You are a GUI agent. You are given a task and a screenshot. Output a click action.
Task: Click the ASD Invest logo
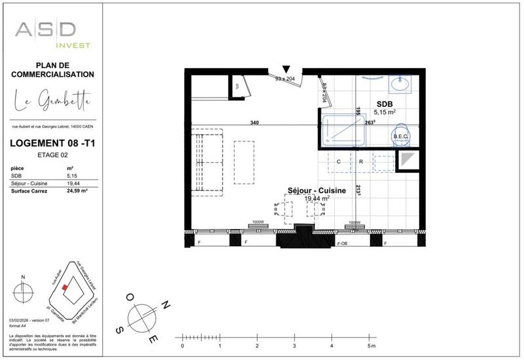[52, 33]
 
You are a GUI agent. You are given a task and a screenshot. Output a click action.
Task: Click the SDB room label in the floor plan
[384, 104]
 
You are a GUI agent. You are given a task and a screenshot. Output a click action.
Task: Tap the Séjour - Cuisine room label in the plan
[308, 190]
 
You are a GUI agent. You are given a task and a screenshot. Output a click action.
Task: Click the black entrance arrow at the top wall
[286, 69]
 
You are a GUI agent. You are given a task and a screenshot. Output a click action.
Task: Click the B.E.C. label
[400, 136]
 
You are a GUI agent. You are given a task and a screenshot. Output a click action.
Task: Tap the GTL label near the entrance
[238, 86]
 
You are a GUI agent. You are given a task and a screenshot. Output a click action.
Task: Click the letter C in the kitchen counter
[339, 161]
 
